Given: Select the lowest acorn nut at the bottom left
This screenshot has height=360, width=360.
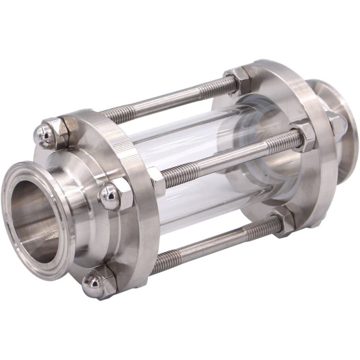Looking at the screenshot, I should tap(93, 284).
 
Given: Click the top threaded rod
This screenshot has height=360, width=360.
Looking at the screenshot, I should tap(164, 101).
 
